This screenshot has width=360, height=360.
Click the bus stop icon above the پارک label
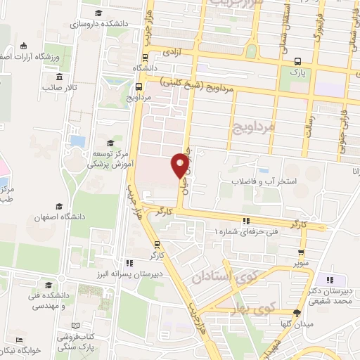(x=298, y=60)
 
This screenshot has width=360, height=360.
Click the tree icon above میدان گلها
(x=298, y=313)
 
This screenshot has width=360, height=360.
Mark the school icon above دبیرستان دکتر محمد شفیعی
(x=322, y=281)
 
